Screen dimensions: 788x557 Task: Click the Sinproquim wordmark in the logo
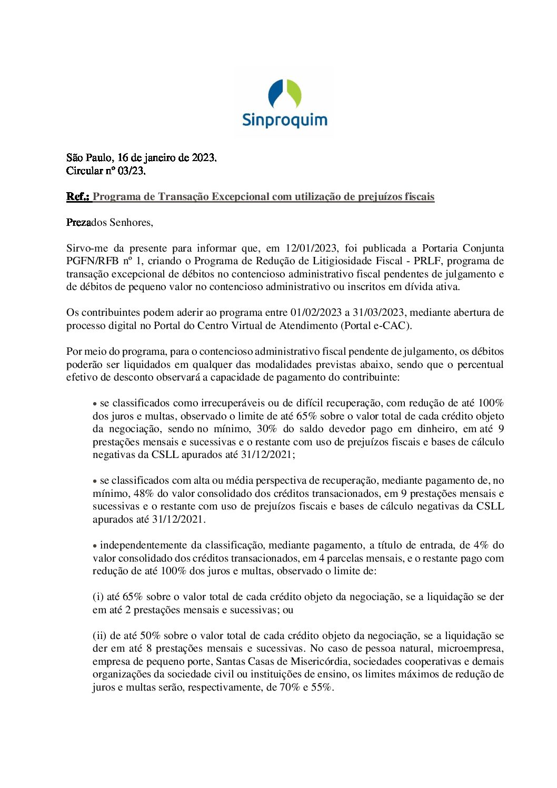coord(284,120)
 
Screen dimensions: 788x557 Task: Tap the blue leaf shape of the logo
coord(276,94)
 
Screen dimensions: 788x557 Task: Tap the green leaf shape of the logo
coord(294,94)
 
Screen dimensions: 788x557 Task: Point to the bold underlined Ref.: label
coord(78,197)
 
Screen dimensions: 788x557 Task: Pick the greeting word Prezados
coord(86,223)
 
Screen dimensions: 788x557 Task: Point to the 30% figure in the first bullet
coord(267,429)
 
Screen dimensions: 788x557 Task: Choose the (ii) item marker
coord(100,636)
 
